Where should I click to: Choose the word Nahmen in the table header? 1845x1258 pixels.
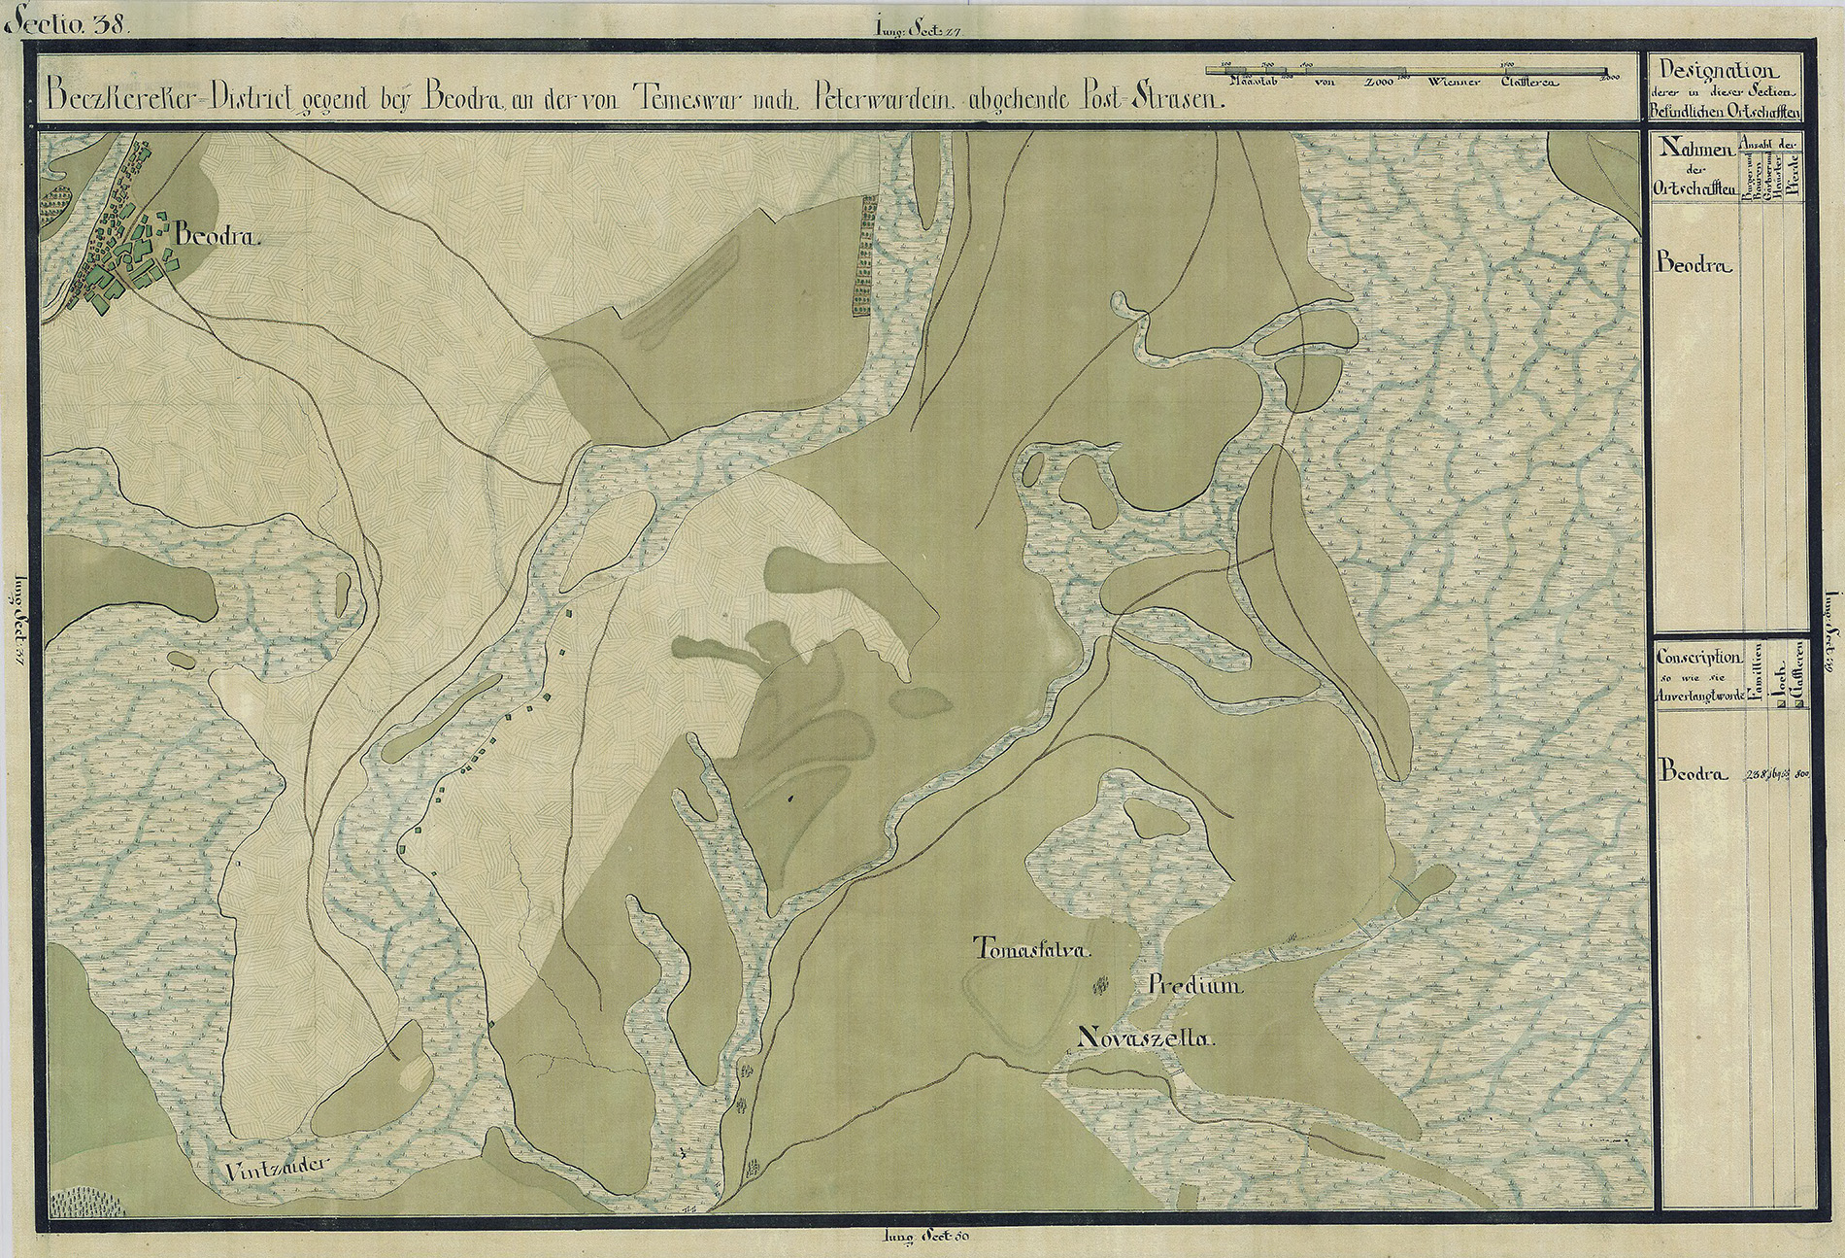point(1697,149)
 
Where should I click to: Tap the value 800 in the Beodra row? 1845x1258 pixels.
point(1802,774)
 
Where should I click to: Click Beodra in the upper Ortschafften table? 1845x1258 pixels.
point(1694,263)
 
